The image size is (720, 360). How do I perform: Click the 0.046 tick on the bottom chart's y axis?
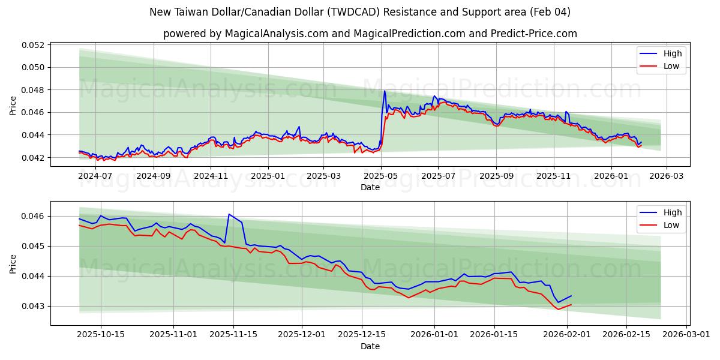click(x=35, y=216)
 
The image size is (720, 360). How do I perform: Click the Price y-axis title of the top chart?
click(x=13, y=106)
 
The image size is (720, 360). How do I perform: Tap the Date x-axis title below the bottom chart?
click(x=370, y=346)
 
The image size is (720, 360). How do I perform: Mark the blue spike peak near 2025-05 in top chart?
click(x=385, y=91)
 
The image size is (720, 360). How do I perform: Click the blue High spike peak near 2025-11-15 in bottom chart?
click(x=229, y=214)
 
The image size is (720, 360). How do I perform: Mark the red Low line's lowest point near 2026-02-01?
click(x=559, y=309)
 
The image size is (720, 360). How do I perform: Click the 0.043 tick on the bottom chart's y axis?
click(x=35, y=306)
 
